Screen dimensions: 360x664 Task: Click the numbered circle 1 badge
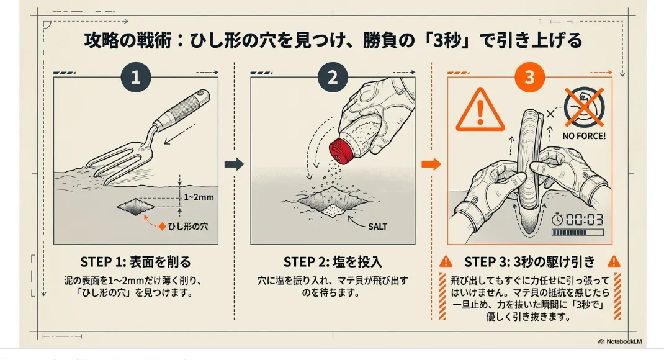[136, 78]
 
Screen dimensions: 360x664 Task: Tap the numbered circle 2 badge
[333, 78]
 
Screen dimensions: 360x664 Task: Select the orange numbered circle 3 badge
[529, 78]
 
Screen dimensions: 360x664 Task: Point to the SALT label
[377, 227]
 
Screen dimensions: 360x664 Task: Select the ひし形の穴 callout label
[188, 227]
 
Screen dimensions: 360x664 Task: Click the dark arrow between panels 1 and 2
[233, 164]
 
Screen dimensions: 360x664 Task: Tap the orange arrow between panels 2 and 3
[431, 164]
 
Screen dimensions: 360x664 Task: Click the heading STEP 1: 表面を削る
[135, 261]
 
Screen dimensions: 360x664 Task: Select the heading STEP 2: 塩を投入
[333, 261]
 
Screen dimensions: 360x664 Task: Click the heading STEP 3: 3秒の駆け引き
[529, 261]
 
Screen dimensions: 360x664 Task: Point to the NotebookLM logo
[624, 341]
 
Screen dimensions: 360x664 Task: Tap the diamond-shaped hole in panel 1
[135, 207]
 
